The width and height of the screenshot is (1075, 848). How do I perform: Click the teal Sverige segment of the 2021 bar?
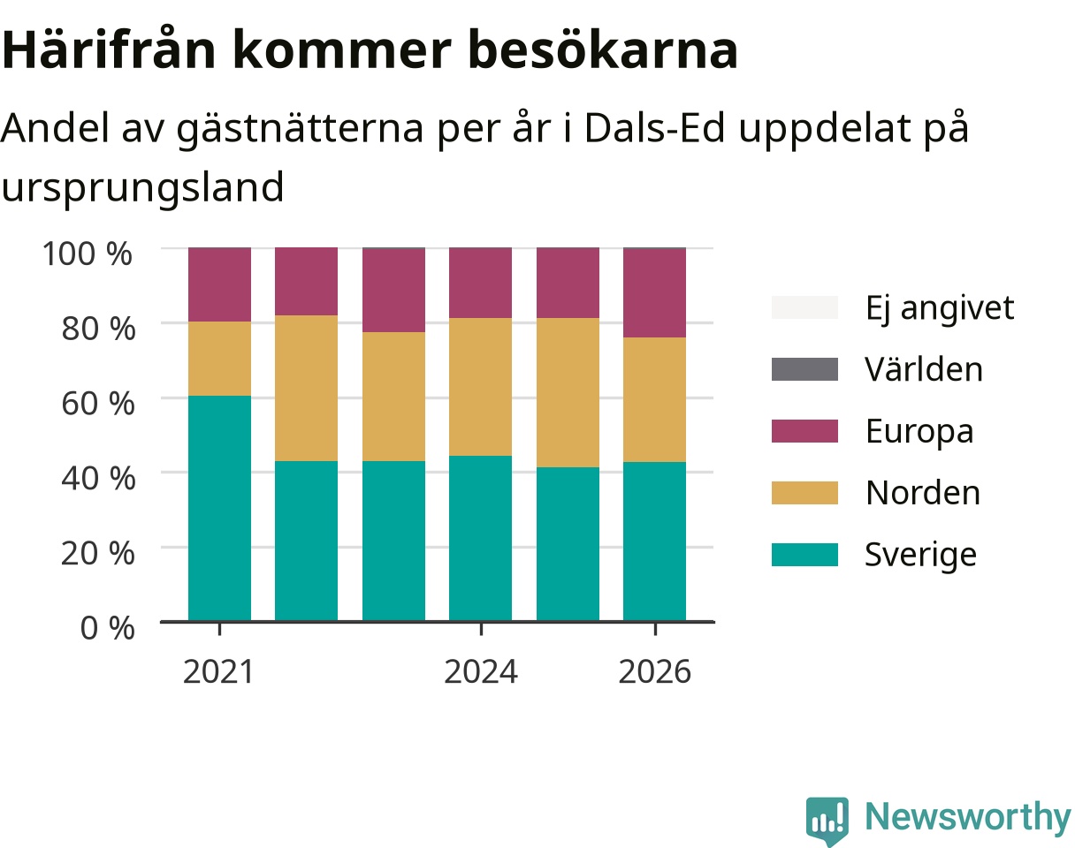tap(219, 508)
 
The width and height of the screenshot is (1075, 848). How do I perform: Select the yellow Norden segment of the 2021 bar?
tap(219, 359)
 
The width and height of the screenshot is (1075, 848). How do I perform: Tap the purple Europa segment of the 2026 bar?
tap(654, 293)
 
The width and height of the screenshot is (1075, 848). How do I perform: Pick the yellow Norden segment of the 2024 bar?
tap(480, 387)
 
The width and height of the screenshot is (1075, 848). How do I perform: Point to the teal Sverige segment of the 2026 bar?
tap(654, 541)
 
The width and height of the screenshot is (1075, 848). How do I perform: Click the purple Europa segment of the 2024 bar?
tap(480, 283)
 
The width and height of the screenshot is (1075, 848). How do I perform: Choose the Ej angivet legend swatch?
tap(804, 307)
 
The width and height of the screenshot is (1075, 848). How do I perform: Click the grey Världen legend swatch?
tap(804, 369)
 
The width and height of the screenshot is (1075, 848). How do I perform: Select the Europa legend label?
tap(919, 432)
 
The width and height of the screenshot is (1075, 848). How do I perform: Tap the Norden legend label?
tap(923, 493)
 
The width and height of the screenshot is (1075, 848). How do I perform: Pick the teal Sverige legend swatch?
tap(804, 555)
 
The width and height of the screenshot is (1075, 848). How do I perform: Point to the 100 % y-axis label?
tap(88, 254)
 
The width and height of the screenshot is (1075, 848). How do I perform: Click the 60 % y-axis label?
tap(98, 404)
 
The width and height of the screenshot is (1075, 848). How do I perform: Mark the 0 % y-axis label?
tap(107, 628)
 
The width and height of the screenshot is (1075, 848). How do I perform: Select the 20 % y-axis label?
tap(98, 553)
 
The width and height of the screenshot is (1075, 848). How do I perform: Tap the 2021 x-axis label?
tap(218, 672)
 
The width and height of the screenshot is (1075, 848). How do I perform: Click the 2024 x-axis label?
tap(481, 672)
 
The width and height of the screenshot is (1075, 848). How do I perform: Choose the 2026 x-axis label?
tap(655, 672)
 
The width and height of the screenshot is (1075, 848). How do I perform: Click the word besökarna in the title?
tap(602, 49)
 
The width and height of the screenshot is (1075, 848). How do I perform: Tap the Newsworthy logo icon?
tap(827, 819)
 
